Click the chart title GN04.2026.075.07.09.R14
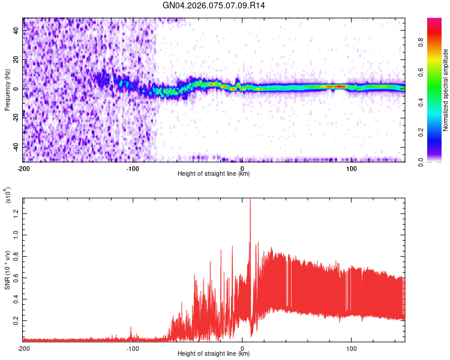tap(214, 5)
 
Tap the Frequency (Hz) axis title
tap(7, 89)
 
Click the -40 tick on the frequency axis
tap(16, 146)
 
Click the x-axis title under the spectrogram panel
tap(214, 174)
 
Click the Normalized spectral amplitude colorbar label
tap(446, 90)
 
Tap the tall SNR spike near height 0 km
tap(250, 204)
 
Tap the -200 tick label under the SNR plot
tap(23, 349)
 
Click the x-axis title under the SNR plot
tap(214, 354)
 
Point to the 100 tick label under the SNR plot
tap(352, 349)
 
